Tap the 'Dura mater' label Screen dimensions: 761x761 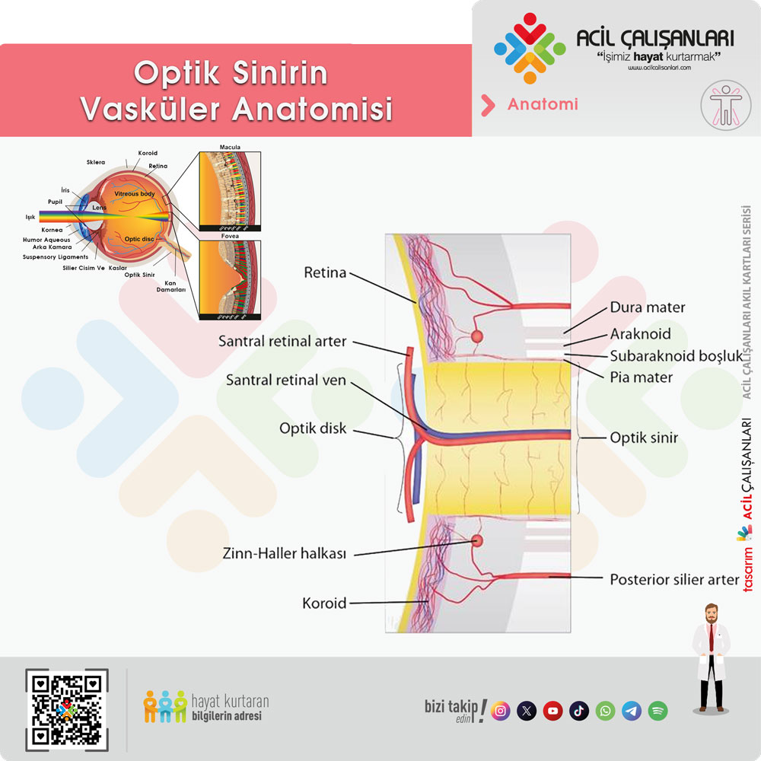point(648,308)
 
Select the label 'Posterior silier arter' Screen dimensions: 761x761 point(674,580)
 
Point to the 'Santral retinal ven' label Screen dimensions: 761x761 point(286,379)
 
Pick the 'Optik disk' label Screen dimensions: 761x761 point(313,428)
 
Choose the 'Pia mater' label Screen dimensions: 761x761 point(642,377)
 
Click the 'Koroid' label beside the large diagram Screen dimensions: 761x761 point(325,603)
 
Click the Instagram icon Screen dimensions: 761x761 point(501,711)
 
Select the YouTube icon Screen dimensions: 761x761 point(553,711)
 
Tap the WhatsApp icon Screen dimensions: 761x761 point(606,711)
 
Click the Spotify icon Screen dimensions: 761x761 point(658,711)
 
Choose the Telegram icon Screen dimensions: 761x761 point(632,711)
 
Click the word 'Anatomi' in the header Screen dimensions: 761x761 point(542,104)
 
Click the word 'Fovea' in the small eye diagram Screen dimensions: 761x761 point(229,236)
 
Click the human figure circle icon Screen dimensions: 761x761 point(726,106)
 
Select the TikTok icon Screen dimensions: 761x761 point(579,711)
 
